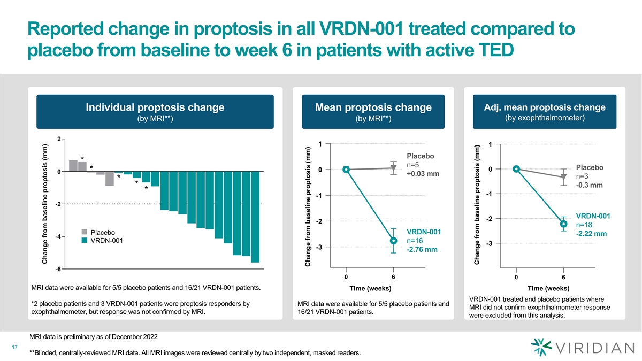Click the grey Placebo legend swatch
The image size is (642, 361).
(x=85, y=232)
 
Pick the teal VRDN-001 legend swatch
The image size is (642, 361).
(x=85, y=240)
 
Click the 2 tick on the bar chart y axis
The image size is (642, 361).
(x=59, y=139)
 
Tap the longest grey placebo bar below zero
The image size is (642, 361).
(x=110, y=179)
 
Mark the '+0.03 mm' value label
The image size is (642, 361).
(x=423, y=174)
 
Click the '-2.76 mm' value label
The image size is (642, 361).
(x=422, y=250)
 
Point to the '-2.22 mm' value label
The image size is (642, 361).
(x=591, y=234)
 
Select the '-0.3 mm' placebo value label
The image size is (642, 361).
(x=589, y=186)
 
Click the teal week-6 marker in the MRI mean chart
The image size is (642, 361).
(x=393, y=241)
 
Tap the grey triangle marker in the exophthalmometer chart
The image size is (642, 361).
(x=563, y=177)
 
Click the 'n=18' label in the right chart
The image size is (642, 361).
(x=584, y=225)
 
